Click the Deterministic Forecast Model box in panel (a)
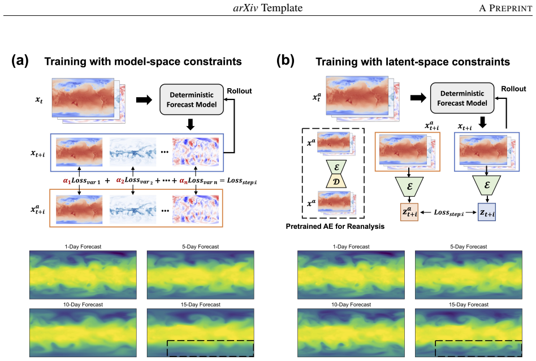pos(192,99)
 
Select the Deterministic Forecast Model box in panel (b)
pos(462,98)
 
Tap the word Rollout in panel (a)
pos(239,91)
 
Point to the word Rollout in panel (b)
pos(513,89)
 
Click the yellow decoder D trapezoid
pos(336,181)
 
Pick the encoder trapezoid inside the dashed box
pos(336,167)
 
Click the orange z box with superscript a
pos(409,212)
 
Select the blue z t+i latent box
pos(487,212)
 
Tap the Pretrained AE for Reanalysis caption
pos(335,227)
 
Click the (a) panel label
pos(20,61)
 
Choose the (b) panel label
pos(285,61)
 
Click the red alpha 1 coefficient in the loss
pos(67,181)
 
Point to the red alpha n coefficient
pos(184,181)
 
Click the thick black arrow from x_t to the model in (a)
pos(144,100)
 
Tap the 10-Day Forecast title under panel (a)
pos(83,305)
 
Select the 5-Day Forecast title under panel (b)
pos(469,246)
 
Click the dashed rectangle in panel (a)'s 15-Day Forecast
pos(210,341)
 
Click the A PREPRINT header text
pos(505,8)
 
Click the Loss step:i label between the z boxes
pos(449,213)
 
